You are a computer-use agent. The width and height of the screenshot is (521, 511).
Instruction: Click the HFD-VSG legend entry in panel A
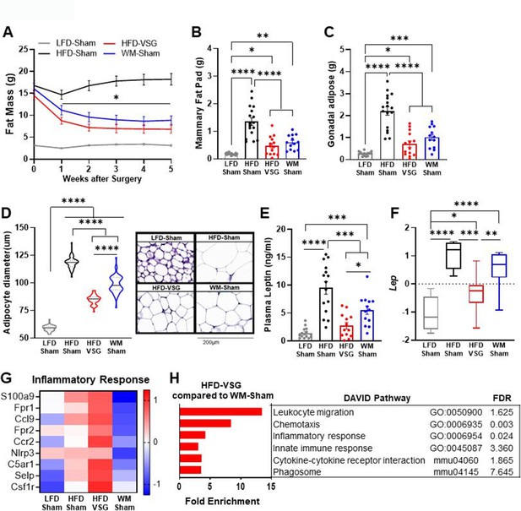tap(130, 43)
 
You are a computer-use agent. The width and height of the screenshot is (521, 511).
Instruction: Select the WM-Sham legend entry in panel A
tap(132, 53)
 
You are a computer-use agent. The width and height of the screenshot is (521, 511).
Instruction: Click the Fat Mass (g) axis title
tap(9, 104)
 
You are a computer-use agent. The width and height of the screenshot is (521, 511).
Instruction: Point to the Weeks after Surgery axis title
tap(102, 179)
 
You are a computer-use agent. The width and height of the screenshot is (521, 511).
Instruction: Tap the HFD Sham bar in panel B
tap(252, 140)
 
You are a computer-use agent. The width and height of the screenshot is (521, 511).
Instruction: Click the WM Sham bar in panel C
tap(432, 148)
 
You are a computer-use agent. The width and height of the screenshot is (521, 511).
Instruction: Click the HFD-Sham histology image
tap(225, 258)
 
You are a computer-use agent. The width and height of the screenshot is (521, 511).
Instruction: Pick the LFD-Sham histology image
tap(166, 258)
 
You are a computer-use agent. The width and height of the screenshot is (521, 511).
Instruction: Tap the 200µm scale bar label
tap(211, 343)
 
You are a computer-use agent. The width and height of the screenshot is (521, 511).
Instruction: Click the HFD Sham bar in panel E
tap(326, 314)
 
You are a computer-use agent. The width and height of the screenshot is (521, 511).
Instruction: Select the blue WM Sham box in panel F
tap(499, 265)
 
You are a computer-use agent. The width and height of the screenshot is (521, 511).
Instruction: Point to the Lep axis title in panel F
tap(393, 283)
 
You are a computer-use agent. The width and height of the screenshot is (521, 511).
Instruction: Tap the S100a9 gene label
tap(20, 397)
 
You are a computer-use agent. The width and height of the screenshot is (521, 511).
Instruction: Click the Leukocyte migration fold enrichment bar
tap(220, 412)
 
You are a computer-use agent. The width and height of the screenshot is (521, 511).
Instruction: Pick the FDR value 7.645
tap(502, 472)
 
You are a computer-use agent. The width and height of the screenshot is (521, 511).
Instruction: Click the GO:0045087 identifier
tap(456, 448)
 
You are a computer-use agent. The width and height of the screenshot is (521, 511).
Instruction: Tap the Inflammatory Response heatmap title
tap(90, 380)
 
